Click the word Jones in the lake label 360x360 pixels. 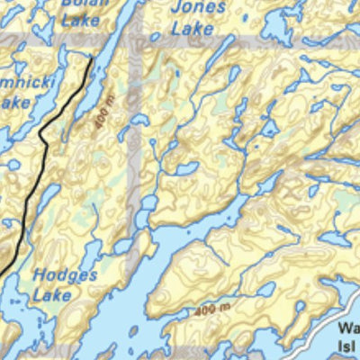(x=197, y=8)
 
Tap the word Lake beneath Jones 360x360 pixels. (x=193, y=29)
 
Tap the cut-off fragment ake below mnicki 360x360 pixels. (x=13, y=103)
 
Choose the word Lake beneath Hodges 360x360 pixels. (x=52, y=294)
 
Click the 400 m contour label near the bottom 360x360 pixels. (x=211, y=310)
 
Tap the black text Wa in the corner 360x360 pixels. (x=348, y=329)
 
